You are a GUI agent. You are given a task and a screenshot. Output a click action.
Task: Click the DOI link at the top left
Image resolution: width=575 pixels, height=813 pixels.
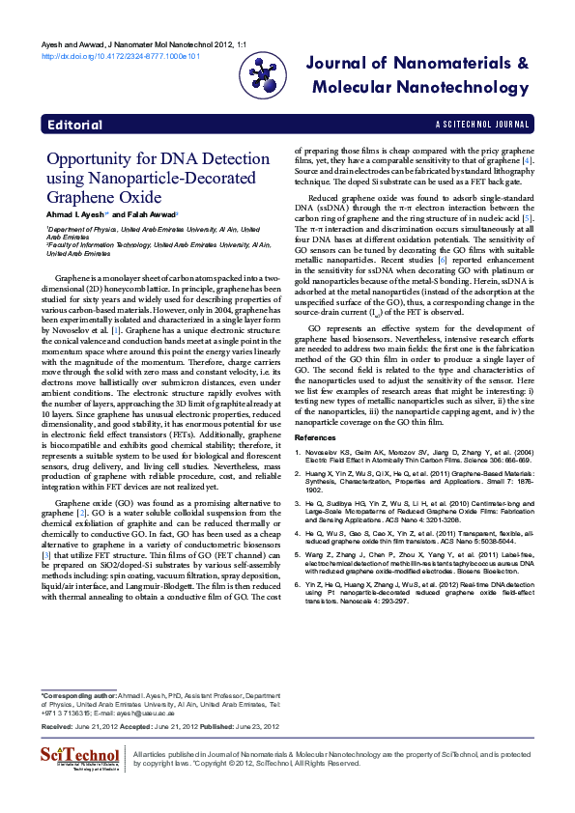[x=120, y=57]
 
